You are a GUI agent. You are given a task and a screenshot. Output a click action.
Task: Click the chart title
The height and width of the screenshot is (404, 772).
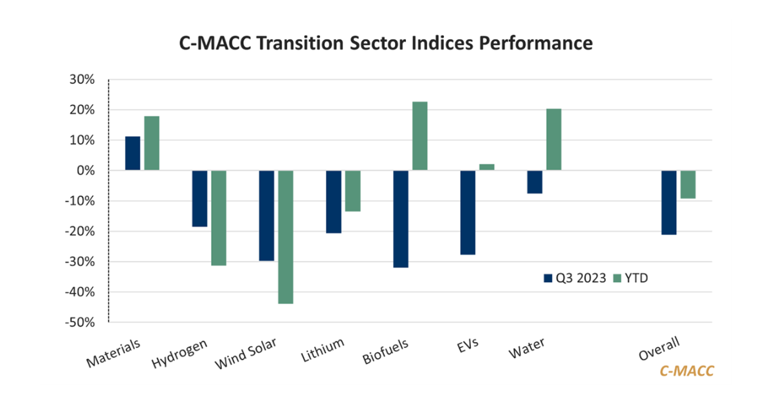(x=385, y=43)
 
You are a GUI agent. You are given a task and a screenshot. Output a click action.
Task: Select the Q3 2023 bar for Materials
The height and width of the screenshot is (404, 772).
(x=133, y=153)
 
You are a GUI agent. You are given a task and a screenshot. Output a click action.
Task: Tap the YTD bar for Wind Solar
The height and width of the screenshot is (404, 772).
(x=286, y=236)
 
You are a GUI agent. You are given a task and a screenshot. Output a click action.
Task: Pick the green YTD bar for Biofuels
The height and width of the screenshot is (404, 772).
(x=419, y=136)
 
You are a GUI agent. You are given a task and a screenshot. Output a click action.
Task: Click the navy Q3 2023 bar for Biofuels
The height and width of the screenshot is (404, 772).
(x=400, y=218)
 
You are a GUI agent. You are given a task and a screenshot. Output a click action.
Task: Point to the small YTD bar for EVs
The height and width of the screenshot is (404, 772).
(x=486, y=167)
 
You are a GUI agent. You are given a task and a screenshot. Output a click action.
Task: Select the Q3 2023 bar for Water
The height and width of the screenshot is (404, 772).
(x=535, y=182)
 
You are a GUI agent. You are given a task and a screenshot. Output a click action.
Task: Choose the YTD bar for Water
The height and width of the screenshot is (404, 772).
(x=553, y=139)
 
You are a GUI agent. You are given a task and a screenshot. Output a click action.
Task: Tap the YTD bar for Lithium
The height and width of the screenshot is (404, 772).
(x=353, y=191)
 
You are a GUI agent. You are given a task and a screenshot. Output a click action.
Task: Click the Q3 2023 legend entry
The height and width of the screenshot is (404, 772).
(x=574, y=278)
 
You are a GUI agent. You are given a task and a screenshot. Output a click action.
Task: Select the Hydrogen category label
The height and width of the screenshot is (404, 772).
(x=180, y=352)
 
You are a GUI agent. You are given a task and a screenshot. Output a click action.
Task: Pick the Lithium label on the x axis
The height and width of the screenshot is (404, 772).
(x=322, y=350)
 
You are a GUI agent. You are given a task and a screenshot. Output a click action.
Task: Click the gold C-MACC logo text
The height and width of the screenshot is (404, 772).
(x=686, y=371)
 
